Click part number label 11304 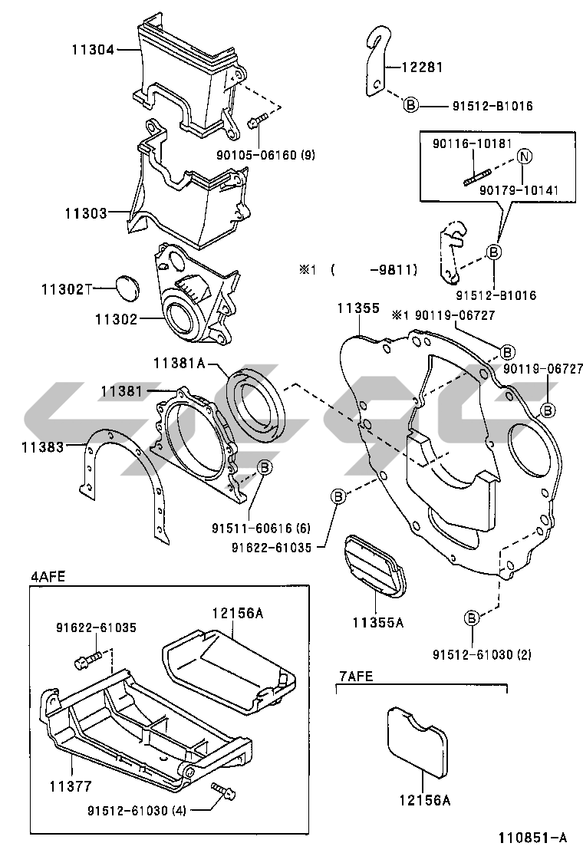(93, 50)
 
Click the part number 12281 (423, 67)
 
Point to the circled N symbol (524, 156)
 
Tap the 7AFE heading (356, 675)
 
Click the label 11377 (71, 785)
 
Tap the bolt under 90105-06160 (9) (256, 120)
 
